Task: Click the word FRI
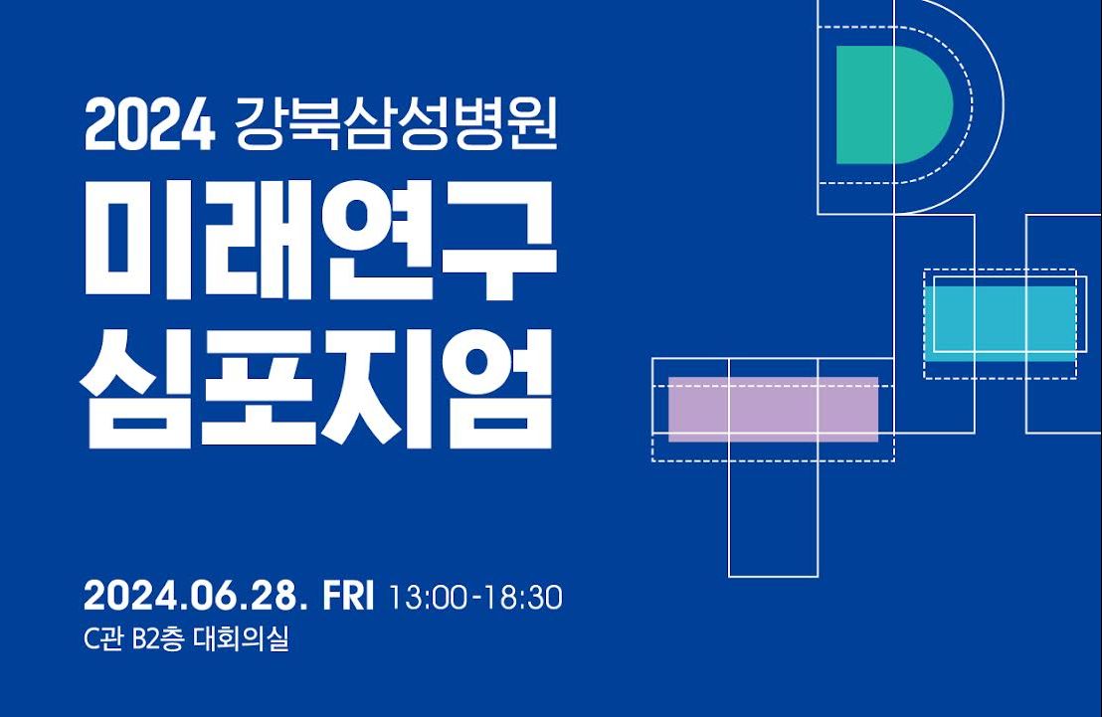pyautogui.click(x=349, y=598)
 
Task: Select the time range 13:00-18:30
pyautogui.click(x=476, y=599)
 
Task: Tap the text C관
pyautogui.click(x=103, y=639)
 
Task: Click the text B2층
pyautogui.click(x=156, y=639)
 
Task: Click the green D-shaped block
pyautogui.click(x=888, y=104)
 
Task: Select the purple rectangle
pyautogui.click(x=773, y=409)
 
